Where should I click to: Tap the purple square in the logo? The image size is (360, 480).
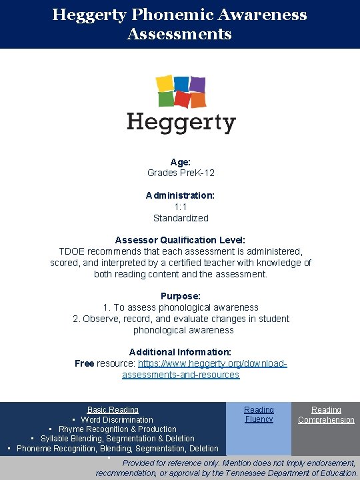(x=197, y=84)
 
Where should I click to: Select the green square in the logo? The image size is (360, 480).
(x=166, y=99)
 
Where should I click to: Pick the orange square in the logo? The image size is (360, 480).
(x=197, y=100)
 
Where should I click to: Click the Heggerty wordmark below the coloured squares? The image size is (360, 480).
(x=181, y=123)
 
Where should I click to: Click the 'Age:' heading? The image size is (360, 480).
(x=181, y=162)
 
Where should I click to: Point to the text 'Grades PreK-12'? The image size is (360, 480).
(x=181, y=173)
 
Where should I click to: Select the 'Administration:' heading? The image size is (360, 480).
(x=181, y=195)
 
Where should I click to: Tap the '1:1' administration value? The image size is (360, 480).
(x=181, y=207)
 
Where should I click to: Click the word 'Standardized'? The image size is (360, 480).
(x=181, y=218)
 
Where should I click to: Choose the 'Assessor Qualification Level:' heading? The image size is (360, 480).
(x=181, y=240)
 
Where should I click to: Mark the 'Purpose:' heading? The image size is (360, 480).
(x=181, y=296)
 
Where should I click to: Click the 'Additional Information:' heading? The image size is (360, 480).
(x=181, y=352)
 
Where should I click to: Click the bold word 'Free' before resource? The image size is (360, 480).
(x=84, y=363)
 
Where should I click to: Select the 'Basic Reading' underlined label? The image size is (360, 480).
(x=113, y=410)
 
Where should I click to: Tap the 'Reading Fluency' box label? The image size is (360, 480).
(x=259, y=415)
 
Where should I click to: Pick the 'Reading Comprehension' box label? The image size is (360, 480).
(x=326, y=415)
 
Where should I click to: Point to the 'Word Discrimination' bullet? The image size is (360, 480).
(x=117, y=420)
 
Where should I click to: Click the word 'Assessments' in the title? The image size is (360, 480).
(x=179, y=34)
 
